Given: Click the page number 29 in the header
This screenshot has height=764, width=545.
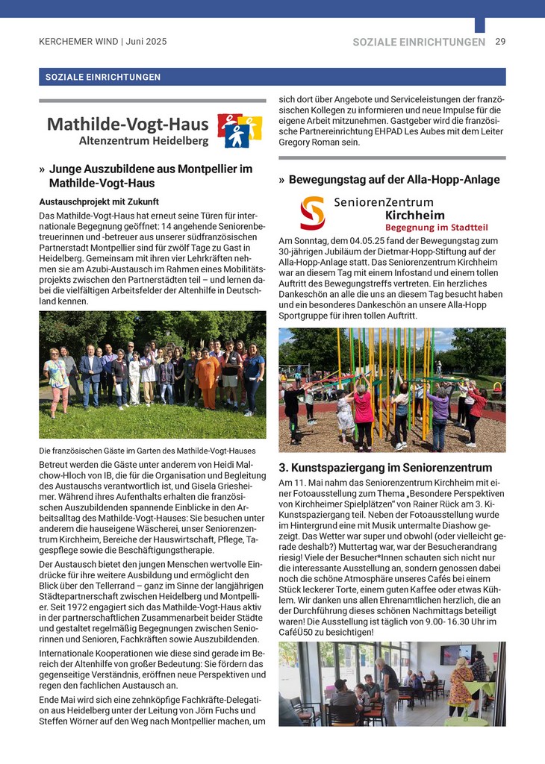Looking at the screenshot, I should point(500,42).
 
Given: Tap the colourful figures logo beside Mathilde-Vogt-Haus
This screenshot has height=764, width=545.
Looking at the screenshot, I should point(239,130).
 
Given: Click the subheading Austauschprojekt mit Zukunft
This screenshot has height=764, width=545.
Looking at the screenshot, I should point(99,201).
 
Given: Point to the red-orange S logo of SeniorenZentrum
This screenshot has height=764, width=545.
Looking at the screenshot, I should point(312,213).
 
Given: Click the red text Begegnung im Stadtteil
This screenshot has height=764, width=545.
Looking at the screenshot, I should point(435,227).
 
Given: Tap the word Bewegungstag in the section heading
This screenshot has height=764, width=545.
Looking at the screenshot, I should point(327,180).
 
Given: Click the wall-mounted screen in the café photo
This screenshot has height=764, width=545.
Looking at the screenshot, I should point(456,654).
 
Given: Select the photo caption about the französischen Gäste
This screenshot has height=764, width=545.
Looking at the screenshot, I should point(147,451).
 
